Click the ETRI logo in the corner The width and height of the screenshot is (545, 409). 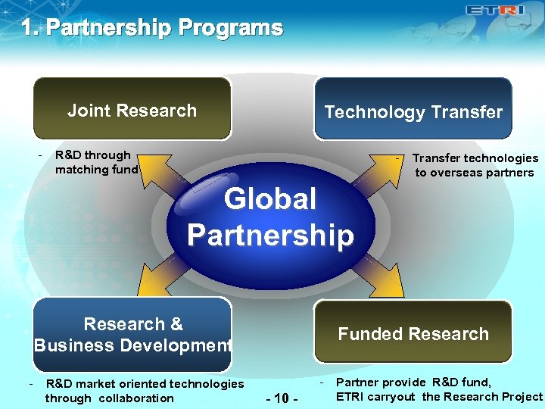pyautogui.click(x=496, y=11)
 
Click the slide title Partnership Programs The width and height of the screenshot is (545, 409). pyautogui.click(x=151, y=29)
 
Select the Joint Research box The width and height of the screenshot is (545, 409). pyautogui.click(x=132, y=110)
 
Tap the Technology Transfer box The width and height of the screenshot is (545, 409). pyautogui.click(x=413, y=111)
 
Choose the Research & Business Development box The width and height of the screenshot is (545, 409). pyautogui.click(x=132, y=335)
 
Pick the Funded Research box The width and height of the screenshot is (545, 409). pyautogui.click(x=413, y=334)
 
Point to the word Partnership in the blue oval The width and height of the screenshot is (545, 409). pyautogui.click(x=270, y=235)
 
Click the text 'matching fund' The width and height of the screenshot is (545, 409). pyautogui.click(x=97, y=170)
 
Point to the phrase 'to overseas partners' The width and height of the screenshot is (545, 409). pyautogui.click(x=474, y=173)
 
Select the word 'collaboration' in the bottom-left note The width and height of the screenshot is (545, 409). pyautogui.click(x=135, y=398)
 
